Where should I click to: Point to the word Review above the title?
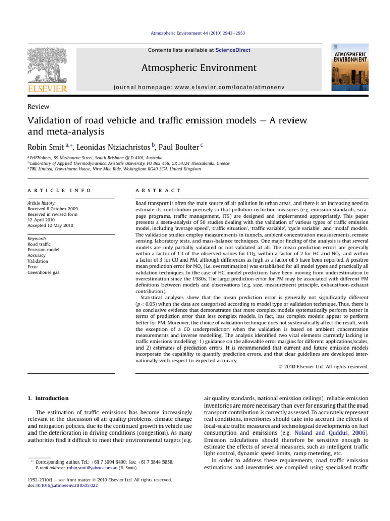click(39, 106)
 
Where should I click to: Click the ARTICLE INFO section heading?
click(59, 190)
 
